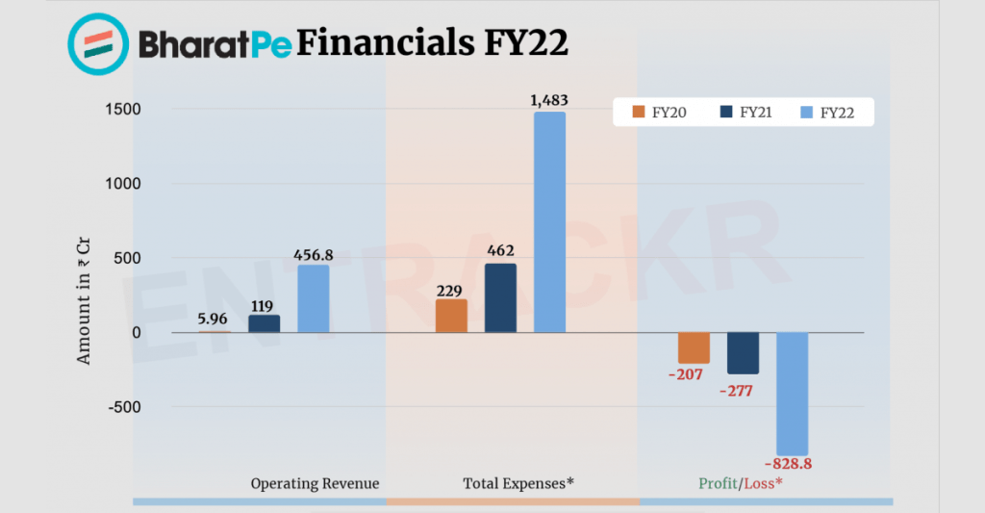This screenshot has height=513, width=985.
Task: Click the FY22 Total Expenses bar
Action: (549, 222)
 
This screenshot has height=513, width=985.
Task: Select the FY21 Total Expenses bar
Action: (500, 298)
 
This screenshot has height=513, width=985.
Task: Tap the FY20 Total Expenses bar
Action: (451, 316)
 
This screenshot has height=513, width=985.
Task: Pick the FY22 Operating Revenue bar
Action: (313, 298)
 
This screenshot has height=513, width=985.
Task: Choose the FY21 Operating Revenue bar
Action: (265, 323)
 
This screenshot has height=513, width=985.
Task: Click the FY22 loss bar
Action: (792, 394)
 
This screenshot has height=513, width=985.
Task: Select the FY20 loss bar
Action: (694, 347)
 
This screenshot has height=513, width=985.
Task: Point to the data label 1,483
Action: (548, 100)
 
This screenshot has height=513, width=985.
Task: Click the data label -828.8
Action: (792, 464)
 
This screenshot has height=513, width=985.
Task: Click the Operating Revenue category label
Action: (315, 483)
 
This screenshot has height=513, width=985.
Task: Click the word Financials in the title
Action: (384, 43)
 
